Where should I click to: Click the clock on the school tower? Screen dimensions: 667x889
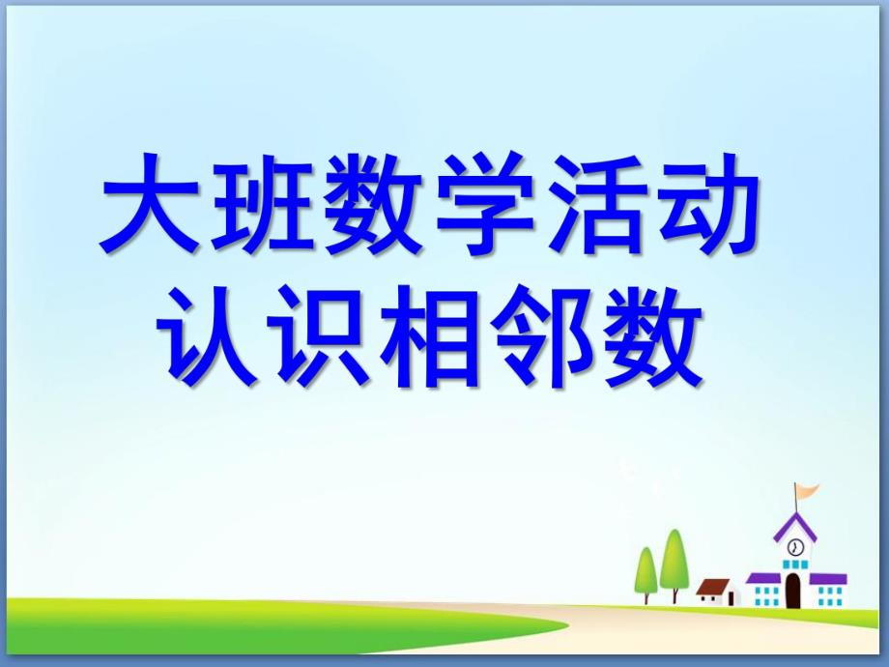794,547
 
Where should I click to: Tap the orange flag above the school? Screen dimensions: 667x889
806,492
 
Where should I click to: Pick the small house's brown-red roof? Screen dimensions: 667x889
714,586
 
